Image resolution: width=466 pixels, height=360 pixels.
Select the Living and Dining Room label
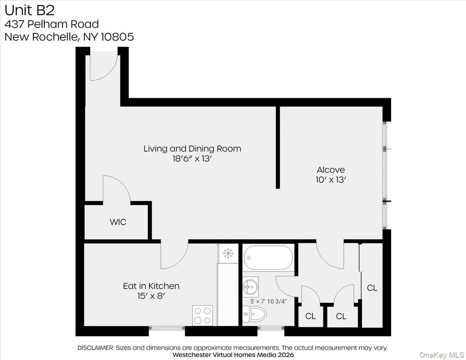[192, 148]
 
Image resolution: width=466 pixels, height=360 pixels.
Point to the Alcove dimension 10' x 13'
[331, 180]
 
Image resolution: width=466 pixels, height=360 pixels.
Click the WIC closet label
[117, 223]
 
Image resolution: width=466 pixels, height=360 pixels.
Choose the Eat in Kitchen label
[151, 286]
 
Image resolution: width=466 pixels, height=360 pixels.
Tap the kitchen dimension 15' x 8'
[151, 296]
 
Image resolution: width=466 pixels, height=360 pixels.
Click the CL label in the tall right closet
[372, 288]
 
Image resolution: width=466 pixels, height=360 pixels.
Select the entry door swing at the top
[103, 68]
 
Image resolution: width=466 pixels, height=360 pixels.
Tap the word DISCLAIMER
[96, 348]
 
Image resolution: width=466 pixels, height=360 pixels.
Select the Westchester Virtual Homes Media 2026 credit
[233, 355]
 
